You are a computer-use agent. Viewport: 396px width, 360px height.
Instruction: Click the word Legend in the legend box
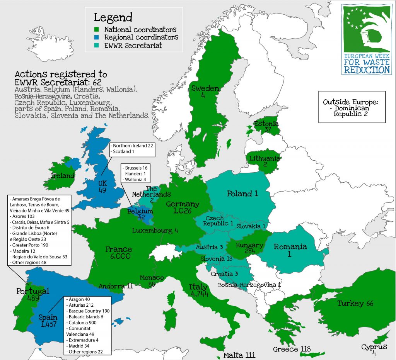[x=113, y=17]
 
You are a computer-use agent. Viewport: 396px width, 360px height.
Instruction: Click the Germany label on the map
[x=183, y=204]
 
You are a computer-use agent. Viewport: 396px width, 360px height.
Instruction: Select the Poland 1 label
[x=242, y=194]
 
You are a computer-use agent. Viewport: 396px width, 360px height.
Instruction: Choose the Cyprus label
[x=374, y=347]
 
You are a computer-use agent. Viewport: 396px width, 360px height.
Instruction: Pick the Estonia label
[x=266, y=124]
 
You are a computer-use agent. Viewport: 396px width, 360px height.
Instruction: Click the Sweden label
[x=205, y=89]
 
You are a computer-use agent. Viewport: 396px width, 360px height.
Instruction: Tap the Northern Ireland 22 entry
[x=132, y=146]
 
